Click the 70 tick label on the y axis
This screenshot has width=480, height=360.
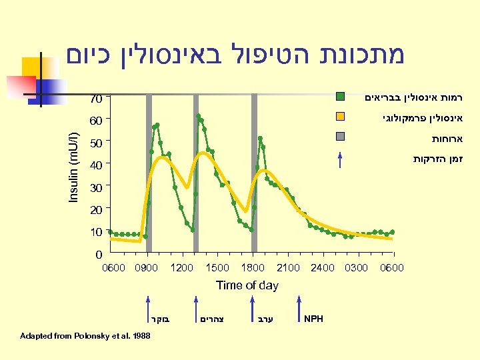tap(96, 99)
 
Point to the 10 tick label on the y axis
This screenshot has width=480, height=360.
tap(96, 232)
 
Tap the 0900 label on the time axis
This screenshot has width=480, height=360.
tap(146, 268)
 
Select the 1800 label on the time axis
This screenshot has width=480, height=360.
tap(252, 268)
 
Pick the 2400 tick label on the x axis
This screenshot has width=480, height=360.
tap(323, 268)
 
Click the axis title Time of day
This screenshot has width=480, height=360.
tap(247, 285)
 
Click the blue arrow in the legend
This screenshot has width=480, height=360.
tap(340, 160)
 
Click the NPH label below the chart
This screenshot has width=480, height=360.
tap(313, 319)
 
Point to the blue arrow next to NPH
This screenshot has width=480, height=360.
tap(299, 308)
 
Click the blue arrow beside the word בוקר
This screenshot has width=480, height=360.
tap(147, 308)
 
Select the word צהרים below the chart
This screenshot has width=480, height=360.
tap(212, 319)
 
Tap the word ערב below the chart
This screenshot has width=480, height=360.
tap(266, 319)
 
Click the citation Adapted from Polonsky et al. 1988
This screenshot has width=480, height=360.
tap(86, 335)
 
